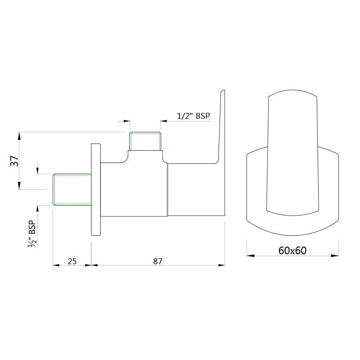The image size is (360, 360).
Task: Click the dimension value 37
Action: [x=14, y=161]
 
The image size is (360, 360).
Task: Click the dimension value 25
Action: [x=72, y=261]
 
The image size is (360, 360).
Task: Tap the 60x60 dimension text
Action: [x=292, y=251]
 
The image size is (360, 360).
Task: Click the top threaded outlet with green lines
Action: [x=145, y=141]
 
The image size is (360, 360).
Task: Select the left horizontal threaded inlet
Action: [x=72, y=189]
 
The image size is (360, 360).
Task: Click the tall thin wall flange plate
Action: [x=96, y=189]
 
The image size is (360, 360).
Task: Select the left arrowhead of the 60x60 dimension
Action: [x=249, y=256]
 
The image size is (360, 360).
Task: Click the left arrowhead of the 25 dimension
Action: [x=56, y=265]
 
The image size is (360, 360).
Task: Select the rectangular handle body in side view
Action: [x=196, y=189]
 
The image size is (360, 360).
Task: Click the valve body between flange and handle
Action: [x=134, y=189]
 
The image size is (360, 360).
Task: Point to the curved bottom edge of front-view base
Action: [x=292, y=234]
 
